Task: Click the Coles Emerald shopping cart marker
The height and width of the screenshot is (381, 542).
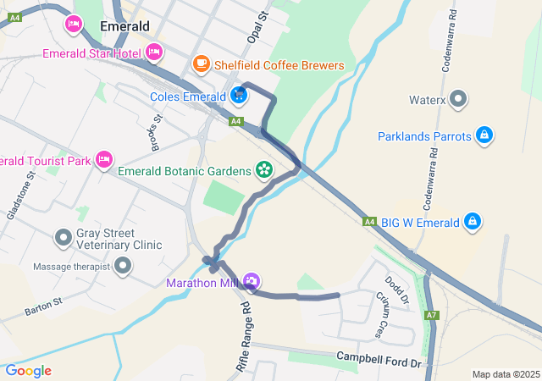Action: click(239, 96)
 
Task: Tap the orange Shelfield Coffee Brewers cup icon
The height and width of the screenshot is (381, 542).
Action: click(201, 63)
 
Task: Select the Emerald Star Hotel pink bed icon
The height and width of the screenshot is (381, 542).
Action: click(153, 52)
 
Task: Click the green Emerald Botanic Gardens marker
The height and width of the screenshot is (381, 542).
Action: click(264, 170)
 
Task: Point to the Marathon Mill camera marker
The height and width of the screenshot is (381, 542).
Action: click(251, 281)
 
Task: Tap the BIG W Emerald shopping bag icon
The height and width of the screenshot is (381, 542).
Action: click(473, 223)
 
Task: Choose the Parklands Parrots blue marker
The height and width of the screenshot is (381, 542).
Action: click(484, 135)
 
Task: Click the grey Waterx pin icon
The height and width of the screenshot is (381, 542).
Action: click(459, 99)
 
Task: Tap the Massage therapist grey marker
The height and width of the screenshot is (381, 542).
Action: click(123, 267)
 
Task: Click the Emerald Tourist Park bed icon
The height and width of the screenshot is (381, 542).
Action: click(103, 158)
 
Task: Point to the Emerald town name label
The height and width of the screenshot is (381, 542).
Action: click(124, 26)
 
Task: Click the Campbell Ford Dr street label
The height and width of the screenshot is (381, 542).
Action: click(379, 360)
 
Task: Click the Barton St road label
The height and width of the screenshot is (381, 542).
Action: click(44, 306)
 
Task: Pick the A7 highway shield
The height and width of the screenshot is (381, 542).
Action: click(433, 315)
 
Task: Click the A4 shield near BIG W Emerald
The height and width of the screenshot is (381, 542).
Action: click(369, 222)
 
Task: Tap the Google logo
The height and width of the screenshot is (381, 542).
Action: click(28, 371)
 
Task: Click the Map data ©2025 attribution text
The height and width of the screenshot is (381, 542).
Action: click(505, 374)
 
